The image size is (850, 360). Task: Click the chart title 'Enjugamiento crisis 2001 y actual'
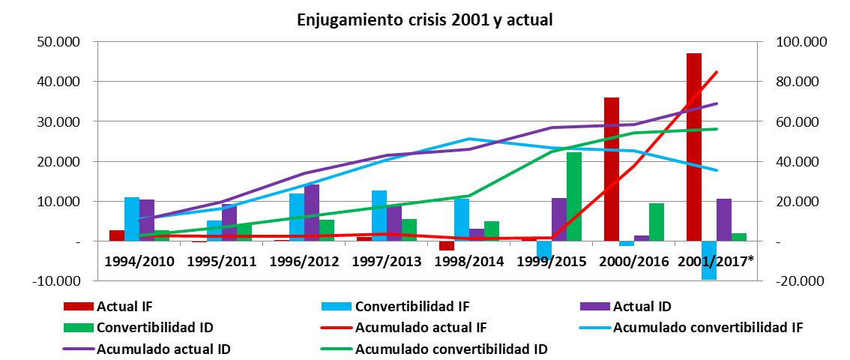pos(425,19)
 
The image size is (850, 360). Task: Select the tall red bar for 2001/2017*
pos(693,147)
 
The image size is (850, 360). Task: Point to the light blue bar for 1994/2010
pos(132,219)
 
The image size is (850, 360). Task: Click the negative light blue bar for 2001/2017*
pos(708,260)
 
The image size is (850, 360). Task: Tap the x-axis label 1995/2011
pos(221,262)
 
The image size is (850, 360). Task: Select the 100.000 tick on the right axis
pos(802,41)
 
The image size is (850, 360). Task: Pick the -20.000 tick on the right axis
pos(802,281)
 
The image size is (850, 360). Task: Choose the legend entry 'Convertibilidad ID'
pos(154,328)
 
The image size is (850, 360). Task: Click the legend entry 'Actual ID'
pos(642,306)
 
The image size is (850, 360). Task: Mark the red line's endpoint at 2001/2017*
pos(717,72)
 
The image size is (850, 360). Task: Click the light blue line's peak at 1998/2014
pos(469,139)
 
